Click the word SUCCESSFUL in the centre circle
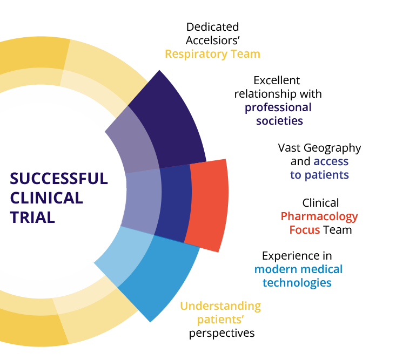coord(59,179)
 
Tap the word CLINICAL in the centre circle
coord(46,198)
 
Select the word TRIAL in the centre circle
coord(32,217)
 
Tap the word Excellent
coord(277,81)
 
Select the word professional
coord(278,107)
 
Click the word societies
coord(279,120)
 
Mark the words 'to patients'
coord(319,175)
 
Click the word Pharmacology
coord(319,217)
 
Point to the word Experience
coord(297,256)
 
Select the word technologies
coord(297,282)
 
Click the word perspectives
coord(222,334)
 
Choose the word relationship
coord(278,94)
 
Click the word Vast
coord(289,148)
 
